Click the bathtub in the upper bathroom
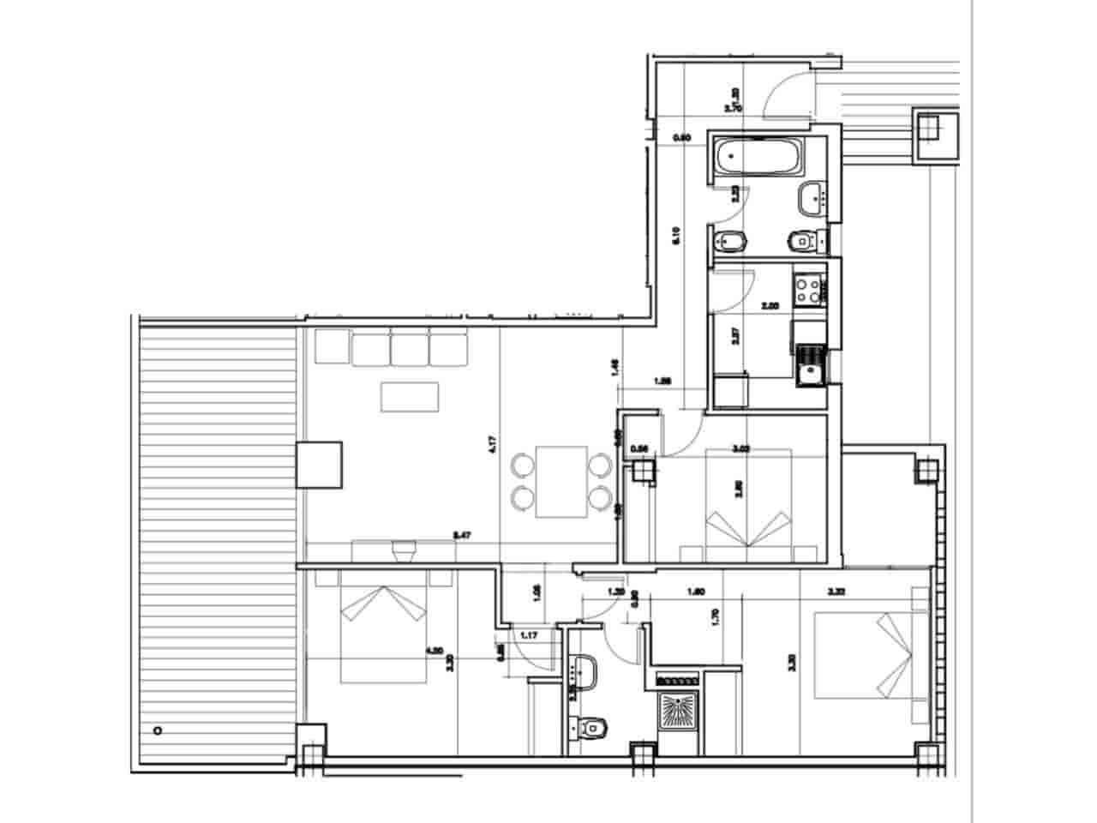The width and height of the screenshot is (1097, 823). coord(758,157)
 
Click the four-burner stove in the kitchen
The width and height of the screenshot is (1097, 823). coord(806,289)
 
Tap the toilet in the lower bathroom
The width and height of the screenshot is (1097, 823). coord(590,728)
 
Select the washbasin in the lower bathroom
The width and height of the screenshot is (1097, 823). coord(586,670)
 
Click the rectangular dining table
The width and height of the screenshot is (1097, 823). coord(560,483)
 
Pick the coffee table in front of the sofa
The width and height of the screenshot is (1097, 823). coord(410,397)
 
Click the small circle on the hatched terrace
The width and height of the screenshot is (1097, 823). coord(157,731)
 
